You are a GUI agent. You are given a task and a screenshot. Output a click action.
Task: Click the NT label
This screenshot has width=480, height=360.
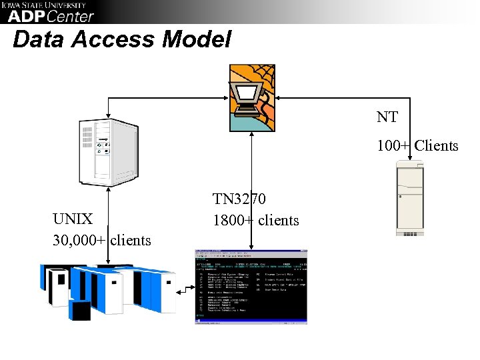(x=387, y=117)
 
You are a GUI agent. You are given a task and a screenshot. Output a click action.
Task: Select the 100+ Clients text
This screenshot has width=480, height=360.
(x=417, y=145)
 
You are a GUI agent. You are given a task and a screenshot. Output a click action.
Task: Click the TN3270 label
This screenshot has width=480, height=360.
(x=239, y=199)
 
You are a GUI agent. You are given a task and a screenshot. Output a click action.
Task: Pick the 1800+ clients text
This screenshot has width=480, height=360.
(x=256, y=220)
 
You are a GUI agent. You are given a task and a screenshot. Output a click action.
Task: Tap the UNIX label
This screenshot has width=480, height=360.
(x=73, y=219)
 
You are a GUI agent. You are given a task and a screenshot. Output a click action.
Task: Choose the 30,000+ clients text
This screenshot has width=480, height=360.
(x=102, y=240)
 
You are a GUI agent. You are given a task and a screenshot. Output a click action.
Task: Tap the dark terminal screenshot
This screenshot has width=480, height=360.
(x=251, y=287)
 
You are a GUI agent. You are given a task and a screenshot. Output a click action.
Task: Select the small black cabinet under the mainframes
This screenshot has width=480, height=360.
(x=79, y=311)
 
